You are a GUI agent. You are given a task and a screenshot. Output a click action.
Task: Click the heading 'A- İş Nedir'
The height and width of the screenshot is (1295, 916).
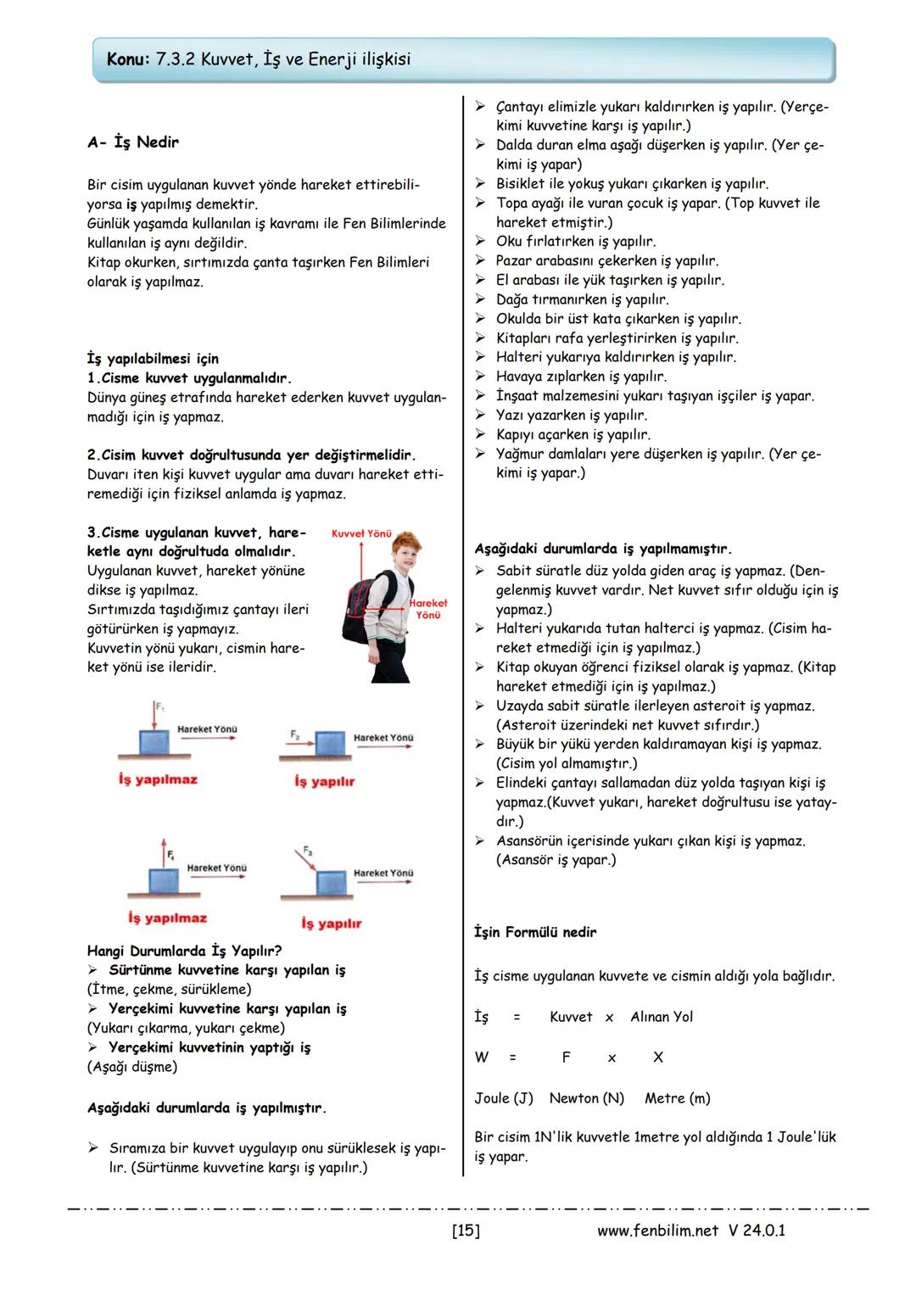tap(133, 142)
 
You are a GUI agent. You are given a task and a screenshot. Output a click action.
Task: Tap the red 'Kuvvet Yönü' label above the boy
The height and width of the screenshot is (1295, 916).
tap(361, 534)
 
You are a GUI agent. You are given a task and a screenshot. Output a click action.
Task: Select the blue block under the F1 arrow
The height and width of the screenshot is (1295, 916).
tap(154, 743)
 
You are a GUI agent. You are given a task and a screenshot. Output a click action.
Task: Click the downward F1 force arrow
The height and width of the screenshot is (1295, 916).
tap(155, 715)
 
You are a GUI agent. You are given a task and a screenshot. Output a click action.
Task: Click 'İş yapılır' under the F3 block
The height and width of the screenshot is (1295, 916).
tap(331, 924)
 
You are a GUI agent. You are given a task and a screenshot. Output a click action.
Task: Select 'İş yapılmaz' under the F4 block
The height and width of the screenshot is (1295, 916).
tap(167, 918)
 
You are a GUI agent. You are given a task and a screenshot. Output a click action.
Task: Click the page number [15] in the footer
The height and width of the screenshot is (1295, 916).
tap(466, 1231)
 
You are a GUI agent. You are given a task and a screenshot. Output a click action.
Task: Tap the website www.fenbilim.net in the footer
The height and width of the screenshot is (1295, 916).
tap(657, 1231)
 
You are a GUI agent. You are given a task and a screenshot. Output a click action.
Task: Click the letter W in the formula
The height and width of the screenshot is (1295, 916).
tap(482, 1058)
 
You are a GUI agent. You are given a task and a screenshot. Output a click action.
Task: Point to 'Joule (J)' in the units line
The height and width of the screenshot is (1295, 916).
tap(504, 1098)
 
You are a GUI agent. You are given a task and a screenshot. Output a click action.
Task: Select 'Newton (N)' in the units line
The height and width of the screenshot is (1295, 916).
tap(587, 1098)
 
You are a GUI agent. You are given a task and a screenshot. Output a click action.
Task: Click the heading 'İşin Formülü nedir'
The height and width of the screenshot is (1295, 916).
tap(535, 932)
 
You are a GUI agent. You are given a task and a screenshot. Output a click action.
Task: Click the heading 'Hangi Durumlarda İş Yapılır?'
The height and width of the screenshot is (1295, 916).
tap(185, 951)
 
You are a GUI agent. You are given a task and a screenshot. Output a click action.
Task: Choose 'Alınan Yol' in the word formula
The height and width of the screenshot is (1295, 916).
tap(662, 1017)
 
